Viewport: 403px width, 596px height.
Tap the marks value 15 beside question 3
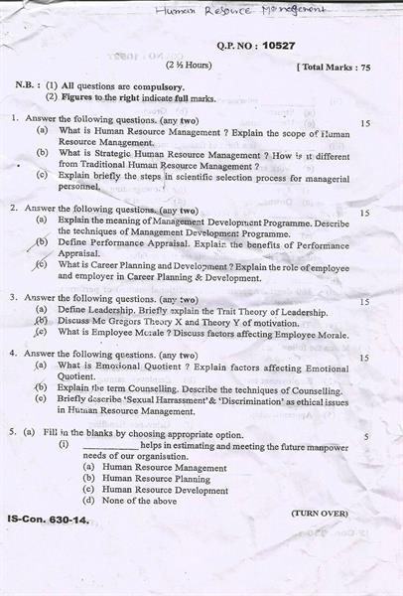365,302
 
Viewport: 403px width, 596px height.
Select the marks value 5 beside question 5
366,436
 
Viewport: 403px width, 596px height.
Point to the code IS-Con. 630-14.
48,520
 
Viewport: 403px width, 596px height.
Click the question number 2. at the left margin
14,210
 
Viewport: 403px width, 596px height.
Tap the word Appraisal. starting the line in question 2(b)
79,253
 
